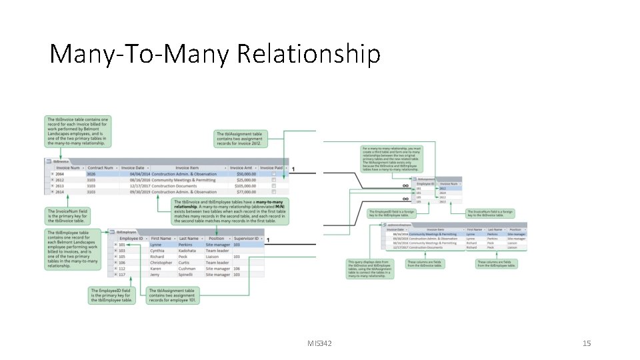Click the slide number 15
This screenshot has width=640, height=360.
click(x=587, y=343)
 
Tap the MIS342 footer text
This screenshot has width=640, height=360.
click(x=320, y=343)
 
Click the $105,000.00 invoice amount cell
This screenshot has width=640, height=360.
click(x=239, y=186)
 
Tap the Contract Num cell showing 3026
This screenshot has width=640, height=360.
click(x=91, y=174)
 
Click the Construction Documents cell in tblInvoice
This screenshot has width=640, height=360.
click(x=175, y=186)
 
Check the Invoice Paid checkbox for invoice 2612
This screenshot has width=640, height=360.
click(x=273, y=180)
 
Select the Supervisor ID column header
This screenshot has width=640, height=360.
click(x=247, y=238)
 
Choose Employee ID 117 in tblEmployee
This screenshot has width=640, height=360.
click(x=122, y=275)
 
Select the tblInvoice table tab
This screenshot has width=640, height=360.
click(x=59, y=161)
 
